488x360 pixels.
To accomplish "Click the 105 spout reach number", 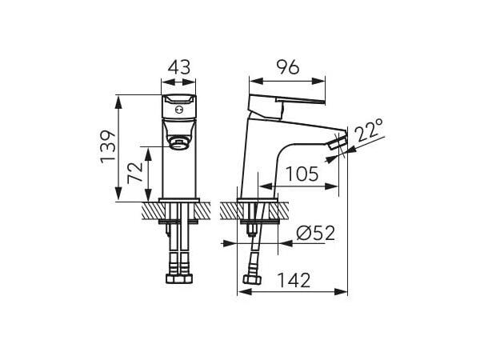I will [302, 174].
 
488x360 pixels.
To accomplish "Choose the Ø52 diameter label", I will [314, 233].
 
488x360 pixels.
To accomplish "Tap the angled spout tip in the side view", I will [339, 145].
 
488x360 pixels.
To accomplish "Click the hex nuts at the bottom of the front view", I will [179, 279].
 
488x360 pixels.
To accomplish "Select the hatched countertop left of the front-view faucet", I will [149, 210].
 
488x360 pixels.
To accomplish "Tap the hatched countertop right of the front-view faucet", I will [210, 210].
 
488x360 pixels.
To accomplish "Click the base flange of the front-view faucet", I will [179, 200].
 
